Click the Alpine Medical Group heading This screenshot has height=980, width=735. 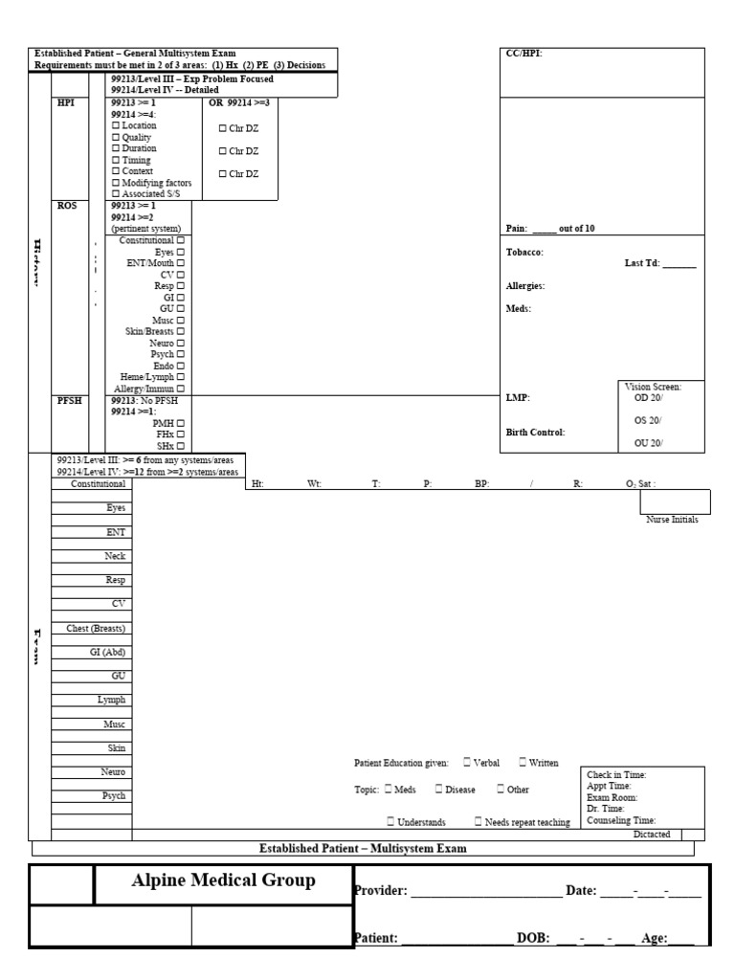223,882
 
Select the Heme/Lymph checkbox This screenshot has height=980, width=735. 180,377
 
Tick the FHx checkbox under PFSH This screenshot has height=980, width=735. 180,434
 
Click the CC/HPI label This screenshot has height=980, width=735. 523,54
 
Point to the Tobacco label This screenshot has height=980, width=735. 524,252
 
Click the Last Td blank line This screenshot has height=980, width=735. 679,263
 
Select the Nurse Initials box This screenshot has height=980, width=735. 675,501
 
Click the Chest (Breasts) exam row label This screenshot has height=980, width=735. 97,628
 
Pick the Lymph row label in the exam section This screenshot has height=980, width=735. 111,700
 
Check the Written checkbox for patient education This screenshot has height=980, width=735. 523,762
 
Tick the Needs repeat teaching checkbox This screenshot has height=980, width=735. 479,821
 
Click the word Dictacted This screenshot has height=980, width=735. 652,835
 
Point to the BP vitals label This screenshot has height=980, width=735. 482,484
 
